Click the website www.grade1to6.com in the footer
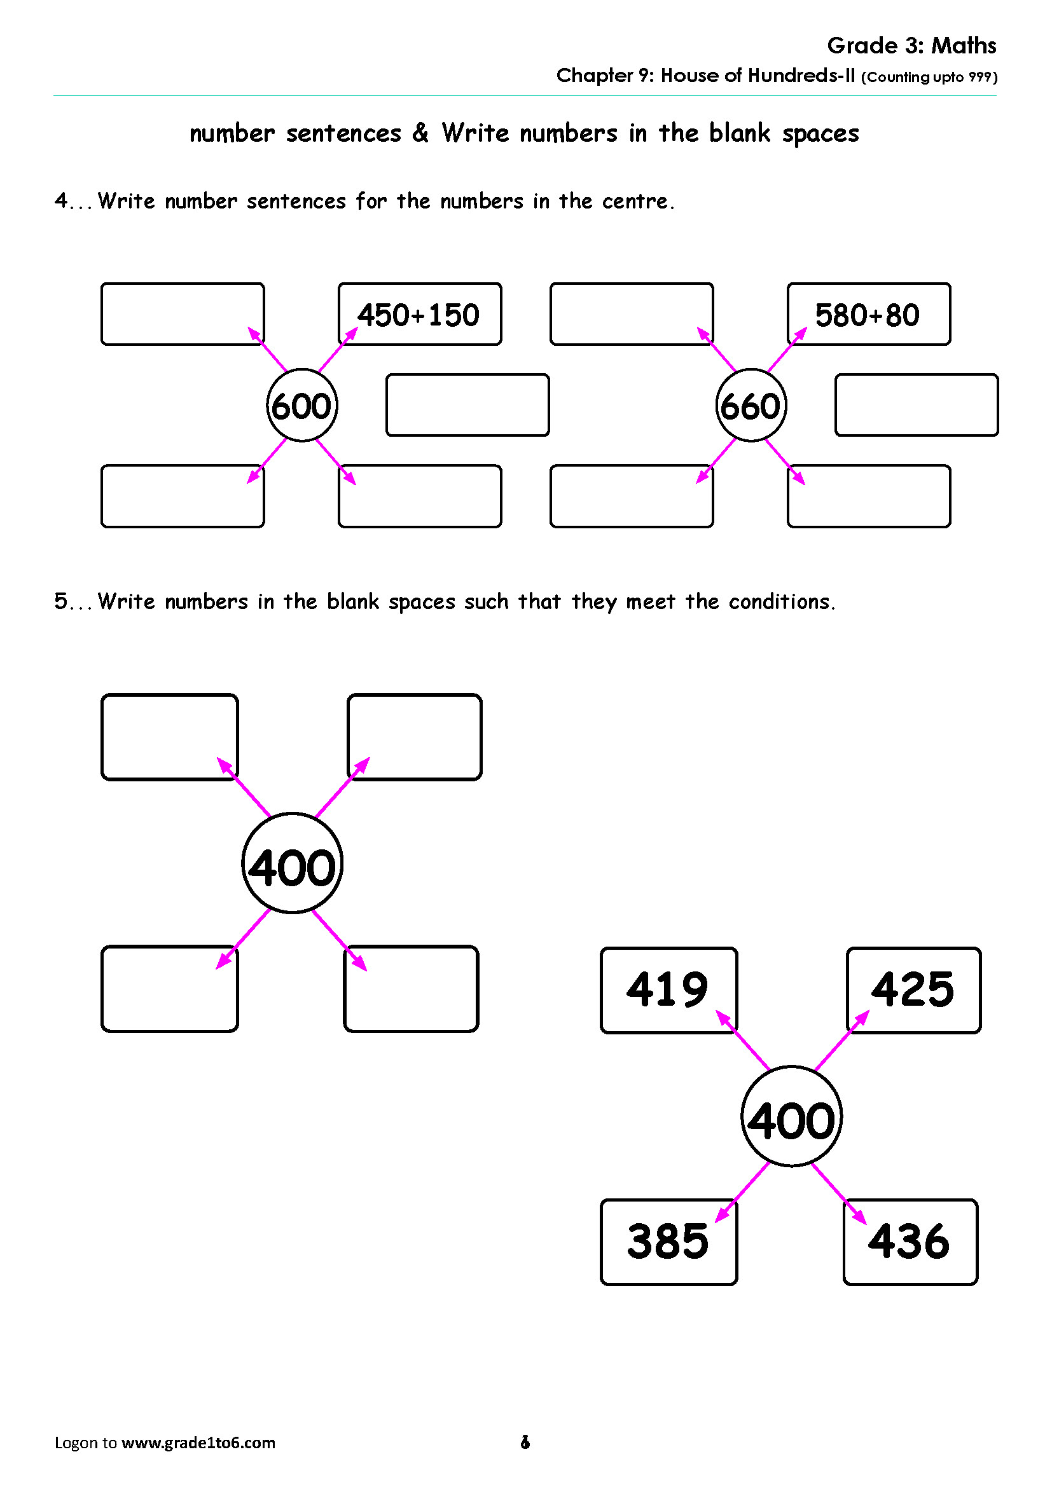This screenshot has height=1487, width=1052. click(x=198, y=1443)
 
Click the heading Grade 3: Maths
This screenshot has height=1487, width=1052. click(x=911, y=45)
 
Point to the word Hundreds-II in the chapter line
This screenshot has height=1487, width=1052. click(x=801, y=75)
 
